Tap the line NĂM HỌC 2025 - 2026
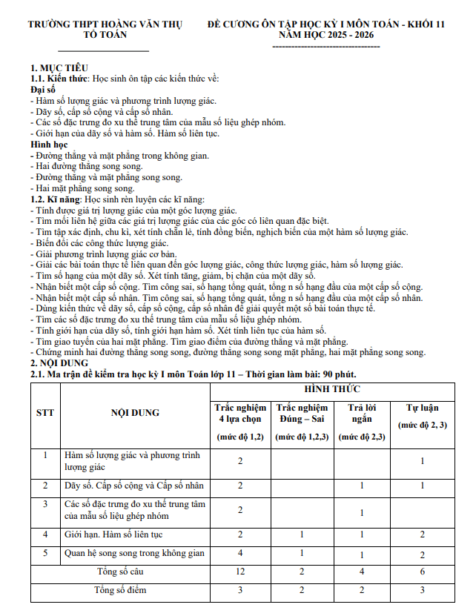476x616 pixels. [x=326, y=34]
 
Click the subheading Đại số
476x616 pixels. [x=44, y=89]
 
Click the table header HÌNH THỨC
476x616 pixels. [x=331, y=389]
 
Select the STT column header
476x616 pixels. [x=44, y=413]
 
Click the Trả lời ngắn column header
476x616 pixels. [x=362, y=413]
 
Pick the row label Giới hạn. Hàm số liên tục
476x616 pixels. [x=113, y=534]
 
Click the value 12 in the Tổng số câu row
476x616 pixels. [x=240, y=572]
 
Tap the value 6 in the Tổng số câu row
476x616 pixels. [x=423, y=572]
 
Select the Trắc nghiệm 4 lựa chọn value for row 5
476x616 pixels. [x=240, y=553]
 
